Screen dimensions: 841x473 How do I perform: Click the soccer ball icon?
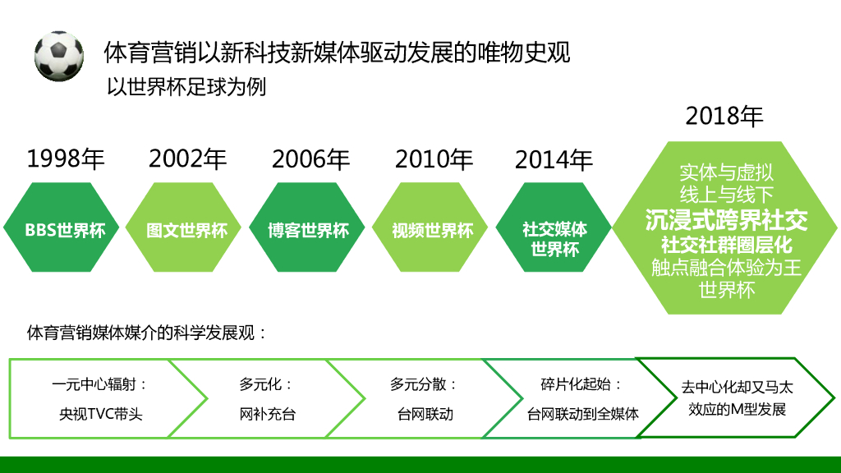click(x=59, y=56)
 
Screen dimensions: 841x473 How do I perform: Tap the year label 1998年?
click(x=66, y=158)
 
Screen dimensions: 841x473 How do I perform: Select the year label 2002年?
click(x=188, y=158)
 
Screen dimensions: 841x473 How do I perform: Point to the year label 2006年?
click(x=310, y=158)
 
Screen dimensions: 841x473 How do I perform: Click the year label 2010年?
click(x=434, y=158)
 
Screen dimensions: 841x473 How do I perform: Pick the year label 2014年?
click(x=554, y=159)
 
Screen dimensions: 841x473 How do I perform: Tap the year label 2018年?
click(x=724, y=116)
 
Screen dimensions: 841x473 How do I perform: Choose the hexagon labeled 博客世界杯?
click(x=309, y=230)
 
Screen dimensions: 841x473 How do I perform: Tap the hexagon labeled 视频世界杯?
click(x=433, y=230)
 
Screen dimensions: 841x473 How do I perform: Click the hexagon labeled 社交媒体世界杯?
click(x=555, y=238)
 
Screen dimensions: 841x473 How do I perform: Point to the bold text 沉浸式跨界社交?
click(x=726, y=220)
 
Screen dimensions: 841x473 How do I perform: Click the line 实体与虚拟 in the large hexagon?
click(x=726, y=172)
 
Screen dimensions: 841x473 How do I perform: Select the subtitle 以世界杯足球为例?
click(x=186, y=87)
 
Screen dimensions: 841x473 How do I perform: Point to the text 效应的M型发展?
click(x=737, y=409)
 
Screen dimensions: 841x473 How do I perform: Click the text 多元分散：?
click(x=424, y=384)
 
